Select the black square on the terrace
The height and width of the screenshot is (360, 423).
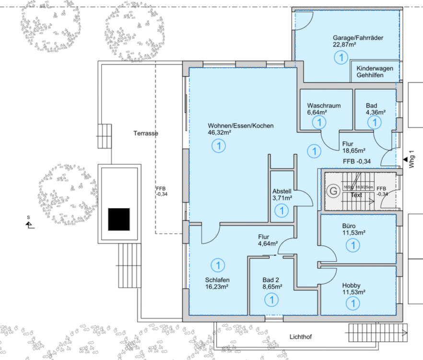(x=119, y=219)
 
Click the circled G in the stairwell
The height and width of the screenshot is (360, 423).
(x=332, y=191)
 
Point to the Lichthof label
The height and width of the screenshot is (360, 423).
(x=300, y=337)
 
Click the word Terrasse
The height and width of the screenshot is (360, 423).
(x=146, y=133)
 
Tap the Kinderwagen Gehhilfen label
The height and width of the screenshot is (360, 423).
(x=375, y=72)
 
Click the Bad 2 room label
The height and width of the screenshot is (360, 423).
(x=271, y=280)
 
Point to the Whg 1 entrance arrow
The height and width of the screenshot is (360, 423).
(x=405, y=159)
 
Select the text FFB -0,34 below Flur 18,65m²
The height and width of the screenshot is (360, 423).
(x=357, y=161)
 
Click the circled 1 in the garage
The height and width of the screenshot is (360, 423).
(x=341, y=58)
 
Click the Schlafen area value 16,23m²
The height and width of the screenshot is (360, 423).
(x=216, y=287)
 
